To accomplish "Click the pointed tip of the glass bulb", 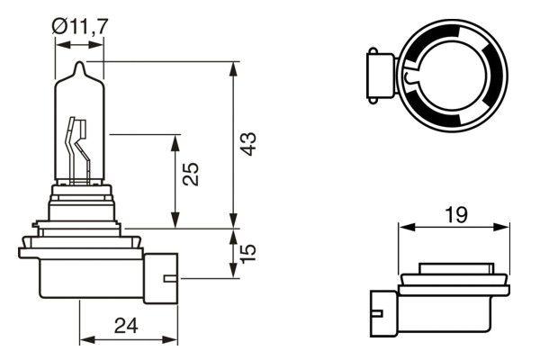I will tap(79, 66).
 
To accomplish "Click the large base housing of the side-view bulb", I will tap(81, 270).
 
